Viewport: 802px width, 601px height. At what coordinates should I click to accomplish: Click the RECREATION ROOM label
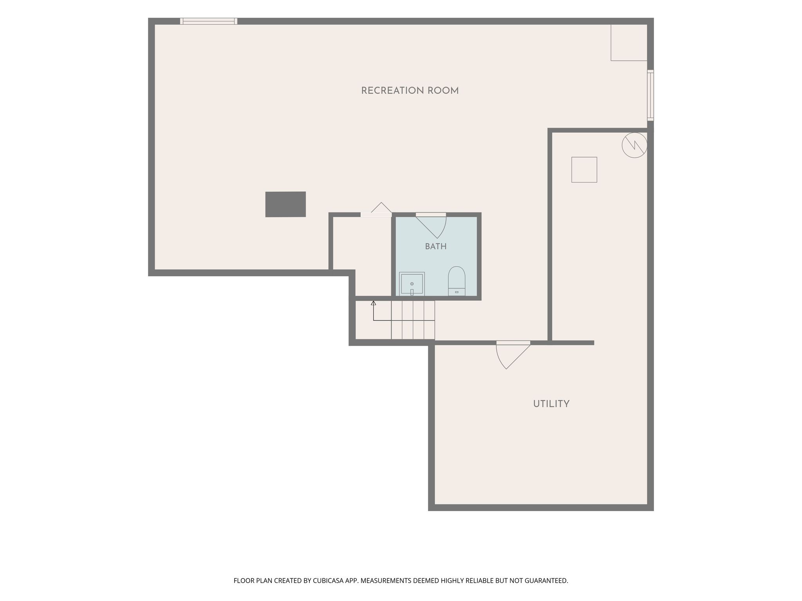pyautogui.click(x=410, y=91)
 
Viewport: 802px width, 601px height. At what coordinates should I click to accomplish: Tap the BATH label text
pyautogui.click(x=436, y=247)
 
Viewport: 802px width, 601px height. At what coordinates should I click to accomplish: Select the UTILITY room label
pyautogui.click(x=551, y=404)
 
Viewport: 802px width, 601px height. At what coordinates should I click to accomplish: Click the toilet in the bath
pyautogui.click(x=457, y=281)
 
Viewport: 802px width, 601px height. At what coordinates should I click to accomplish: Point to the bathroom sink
pyautogui.click(x=412, y=284)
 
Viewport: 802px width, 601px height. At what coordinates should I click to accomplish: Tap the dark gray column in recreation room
pyautogui.click(x=285, y=204)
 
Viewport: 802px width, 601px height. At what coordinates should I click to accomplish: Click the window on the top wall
pyautogui.click(x=209, y=21)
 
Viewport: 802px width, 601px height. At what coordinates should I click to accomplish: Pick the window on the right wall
pyautogui.click(x=650, y=95)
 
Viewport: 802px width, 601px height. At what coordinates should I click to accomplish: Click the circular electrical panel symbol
pyautogui.click(x=634, y=145)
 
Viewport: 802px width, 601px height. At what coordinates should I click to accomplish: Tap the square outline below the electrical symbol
pyautogui.click(x=584, y=170)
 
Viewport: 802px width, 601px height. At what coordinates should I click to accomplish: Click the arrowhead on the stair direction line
pyautogui.click(x=373, y=303)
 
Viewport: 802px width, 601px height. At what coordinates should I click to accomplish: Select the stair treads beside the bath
pyautogui.click(x=413, y=320)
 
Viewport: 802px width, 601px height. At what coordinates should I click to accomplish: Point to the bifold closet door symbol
pyautogui.click(x=381, y=208)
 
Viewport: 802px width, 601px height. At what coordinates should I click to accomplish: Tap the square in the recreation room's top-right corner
pyautogui.click(x=629, y=43)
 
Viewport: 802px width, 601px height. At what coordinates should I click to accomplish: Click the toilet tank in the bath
pyautogui.click(x=457, y=292)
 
